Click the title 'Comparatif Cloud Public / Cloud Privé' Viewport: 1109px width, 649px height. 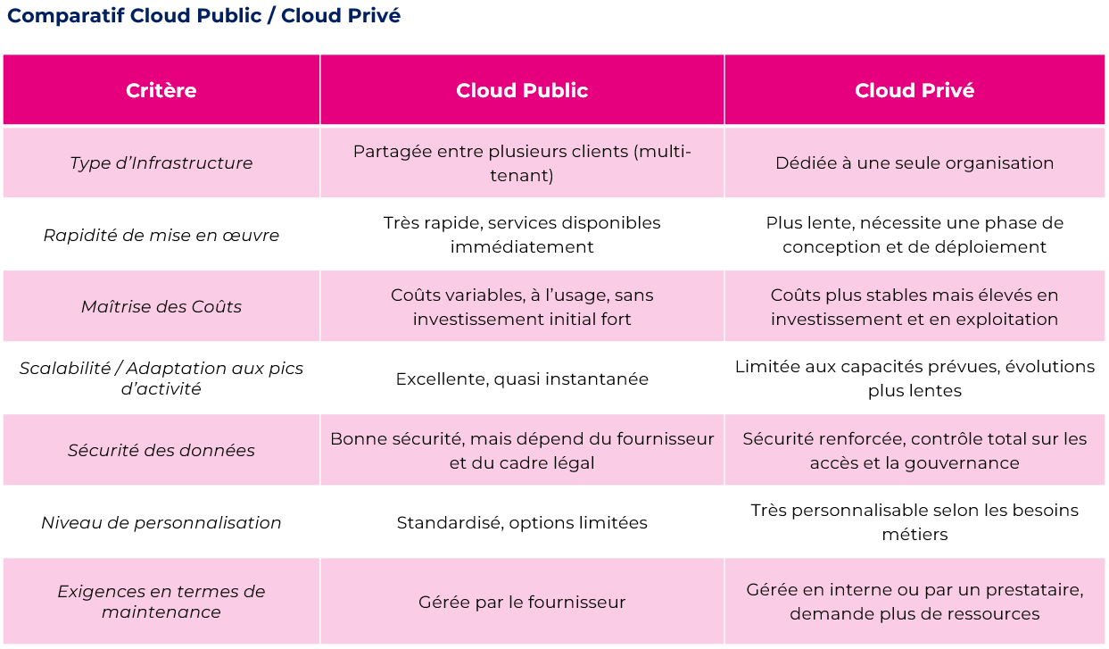pos(203,16)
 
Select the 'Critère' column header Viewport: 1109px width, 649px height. pos(161,90)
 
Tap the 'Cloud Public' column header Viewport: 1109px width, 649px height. pos(522,90)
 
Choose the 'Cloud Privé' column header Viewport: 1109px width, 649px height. pos(915,90)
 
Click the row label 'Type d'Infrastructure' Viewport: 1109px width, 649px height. pos(161,163)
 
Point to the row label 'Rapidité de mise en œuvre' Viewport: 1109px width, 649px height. pos(161,235)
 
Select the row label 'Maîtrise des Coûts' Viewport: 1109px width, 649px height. pos(161,307)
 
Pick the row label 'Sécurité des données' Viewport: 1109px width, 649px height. pos(161,450)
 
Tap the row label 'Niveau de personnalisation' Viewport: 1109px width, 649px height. pos(161,522)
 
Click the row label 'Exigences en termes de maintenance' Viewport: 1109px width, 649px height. pos(161,602)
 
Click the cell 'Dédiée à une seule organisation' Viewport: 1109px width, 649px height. pos(915,163)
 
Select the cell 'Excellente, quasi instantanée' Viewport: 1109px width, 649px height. pos(522,379)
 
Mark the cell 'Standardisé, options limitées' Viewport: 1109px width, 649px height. pos(522,522)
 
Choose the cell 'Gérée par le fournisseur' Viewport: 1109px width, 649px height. pos(522,602)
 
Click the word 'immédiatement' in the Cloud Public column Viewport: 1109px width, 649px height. pos(522,246)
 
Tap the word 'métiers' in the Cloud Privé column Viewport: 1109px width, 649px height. pos(915,535)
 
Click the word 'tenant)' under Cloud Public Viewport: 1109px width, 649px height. pos(522,175)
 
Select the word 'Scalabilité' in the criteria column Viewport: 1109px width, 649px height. pos(65,368)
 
